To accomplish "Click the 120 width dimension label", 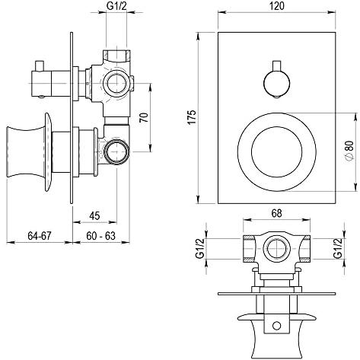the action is (277, 6).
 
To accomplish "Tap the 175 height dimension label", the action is (193, 117).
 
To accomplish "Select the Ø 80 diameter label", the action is (349, 151).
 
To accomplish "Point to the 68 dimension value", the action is (276, 213).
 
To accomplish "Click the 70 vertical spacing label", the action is (145, 117).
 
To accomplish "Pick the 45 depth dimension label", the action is (94, 215).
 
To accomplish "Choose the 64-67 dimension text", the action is (40, 236).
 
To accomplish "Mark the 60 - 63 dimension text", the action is (100, 236).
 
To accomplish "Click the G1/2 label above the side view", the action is (116, 6).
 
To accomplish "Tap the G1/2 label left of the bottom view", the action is (200, 249).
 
